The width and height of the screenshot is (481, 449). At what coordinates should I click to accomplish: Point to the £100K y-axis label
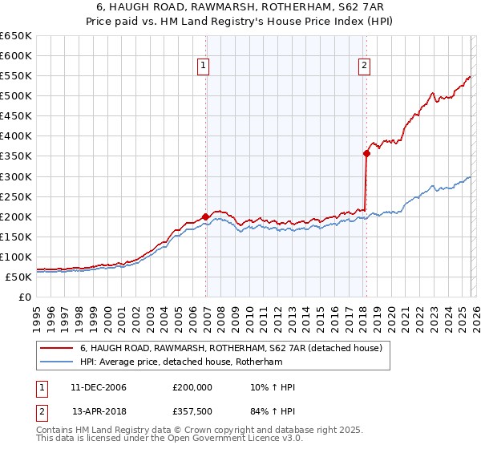(16, 257)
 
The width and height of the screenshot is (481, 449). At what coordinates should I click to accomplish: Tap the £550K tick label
(16, 76)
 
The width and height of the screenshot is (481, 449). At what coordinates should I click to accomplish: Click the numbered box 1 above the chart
(203, 67)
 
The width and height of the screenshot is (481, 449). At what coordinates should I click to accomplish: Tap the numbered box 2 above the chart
(364, 67)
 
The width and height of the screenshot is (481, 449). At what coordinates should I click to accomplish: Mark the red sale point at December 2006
(205, 216)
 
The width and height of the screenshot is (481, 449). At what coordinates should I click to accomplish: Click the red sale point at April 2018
(366, 153)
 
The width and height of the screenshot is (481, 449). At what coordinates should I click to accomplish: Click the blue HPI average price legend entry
(181, 362)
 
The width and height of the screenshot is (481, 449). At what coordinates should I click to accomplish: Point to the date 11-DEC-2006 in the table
(99, 387)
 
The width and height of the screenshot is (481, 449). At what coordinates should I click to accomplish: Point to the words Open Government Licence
(247, 439)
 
